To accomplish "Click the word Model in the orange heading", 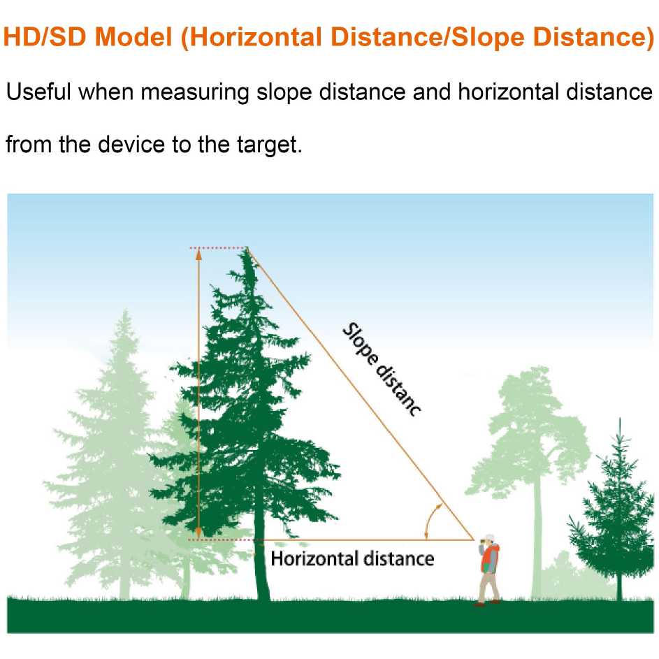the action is click(x=133, y=36).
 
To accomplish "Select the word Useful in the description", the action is click(x=38, y=92).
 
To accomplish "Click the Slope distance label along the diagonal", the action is click(x=381, y=370).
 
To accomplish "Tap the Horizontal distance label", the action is click(x=352, y=559).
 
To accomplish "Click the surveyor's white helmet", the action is click(x=490, y=538).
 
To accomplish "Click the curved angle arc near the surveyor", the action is click(x=428, y=519).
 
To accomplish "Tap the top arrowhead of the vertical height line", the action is click(x=198, y=254).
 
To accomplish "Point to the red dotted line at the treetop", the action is click(x=218, y=248).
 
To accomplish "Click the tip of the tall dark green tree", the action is click(x=247, y=248).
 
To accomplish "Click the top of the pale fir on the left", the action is click(x=125, y=310).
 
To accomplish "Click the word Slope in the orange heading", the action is click(x=488, y=36).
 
